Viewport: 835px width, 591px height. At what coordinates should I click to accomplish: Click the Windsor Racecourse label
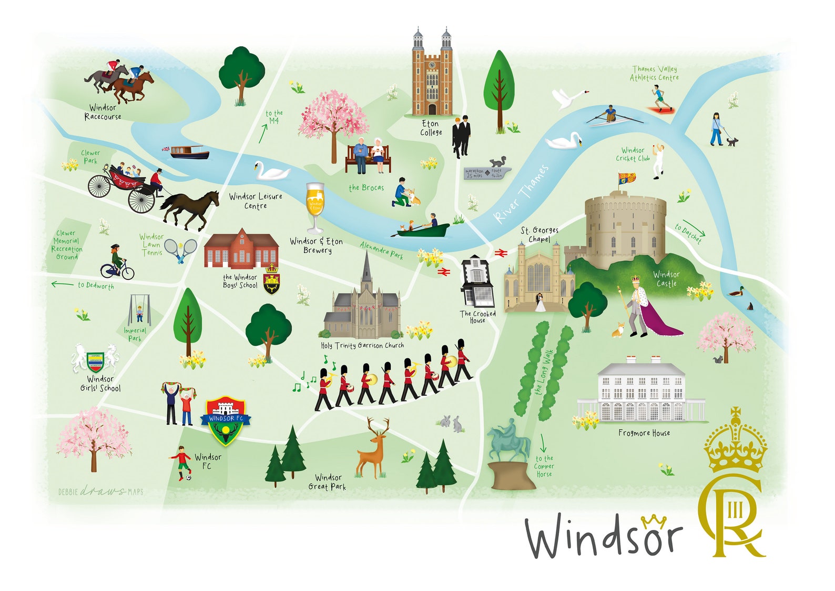(x=103, y=112)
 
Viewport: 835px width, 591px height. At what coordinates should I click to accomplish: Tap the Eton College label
(x=430, y=128)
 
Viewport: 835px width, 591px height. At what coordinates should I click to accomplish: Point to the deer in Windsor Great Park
(x=374, y=449)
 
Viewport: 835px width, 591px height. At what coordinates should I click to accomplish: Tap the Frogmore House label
(x=644, y=433)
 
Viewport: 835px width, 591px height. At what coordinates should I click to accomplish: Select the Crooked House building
(x=477, y=282)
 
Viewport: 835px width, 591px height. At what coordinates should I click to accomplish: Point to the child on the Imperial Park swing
(x=139, y=313)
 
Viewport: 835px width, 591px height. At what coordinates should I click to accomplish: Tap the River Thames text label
(x=521, y=194)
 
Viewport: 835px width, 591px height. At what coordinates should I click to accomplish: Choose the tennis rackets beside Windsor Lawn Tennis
(x=180, y=249)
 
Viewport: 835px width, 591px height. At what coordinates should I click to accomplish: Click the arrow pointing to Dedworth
(x=62, y=284)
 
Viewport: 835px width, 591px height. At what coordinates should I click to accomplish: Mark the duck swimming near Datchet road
(x=738, y=291)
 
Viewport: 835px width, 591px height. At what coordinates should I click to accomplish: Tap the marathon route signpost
(x=487, y=173)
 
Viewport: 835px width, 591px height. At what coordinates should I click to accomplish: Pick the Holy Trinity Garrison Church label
(x=362, y=346)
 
